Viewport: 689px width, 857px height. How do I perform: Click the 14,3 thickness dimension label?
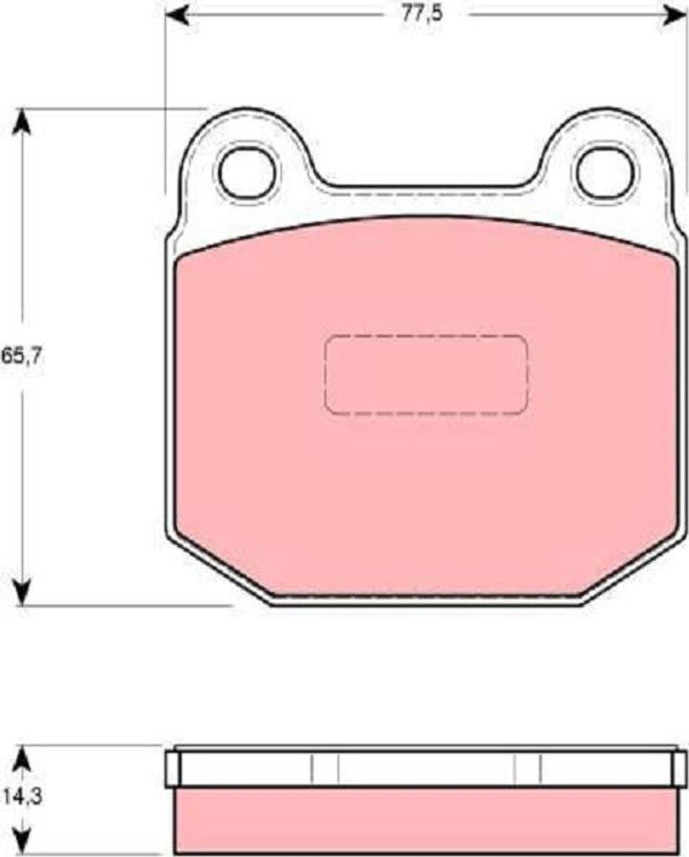[23, 798]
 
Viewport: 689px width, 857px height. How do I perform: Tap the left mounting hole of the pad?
[247, 172]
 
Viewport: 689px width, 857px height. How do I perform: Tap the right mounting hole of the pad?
[606, 172]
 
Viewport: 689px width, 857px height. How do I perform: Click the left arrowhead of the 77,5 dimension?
[177, 15]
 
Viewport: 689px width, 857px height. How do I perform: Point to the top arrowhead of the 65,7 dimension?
[22, 121]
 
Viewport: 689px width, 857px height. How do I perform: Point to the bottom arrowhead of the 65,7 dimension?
[22, 593]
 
